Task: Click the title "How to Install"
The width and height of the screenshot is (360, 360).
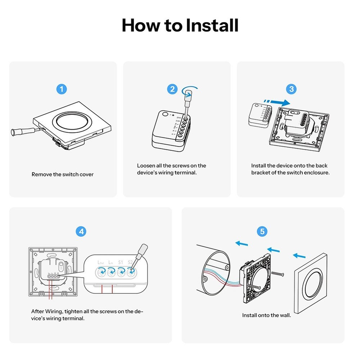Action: (x=180, y=25)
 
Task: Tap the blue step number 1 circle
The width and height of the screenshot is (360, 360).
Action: (x=62, y=89)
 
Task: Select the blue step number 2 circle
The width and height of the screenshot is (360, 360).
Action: (x=172, y=89)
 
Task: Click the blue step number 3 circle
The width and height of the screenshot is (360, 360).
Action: (x=291, y=89)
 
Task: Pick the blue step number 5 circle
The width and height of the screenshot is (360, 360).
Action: (x=262, y=231)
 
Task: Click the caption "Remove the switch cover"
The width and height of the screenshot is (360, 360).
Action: (x=63, y=175)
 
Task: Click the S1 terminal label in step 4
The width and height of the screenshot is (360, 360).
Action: (x=121, y=262)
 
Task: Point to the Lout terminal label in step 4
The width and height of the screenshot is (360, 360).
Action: (x=100, y=262)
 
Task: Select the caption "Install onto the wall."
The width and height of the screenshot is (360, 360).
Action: (x=266, y=315)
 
